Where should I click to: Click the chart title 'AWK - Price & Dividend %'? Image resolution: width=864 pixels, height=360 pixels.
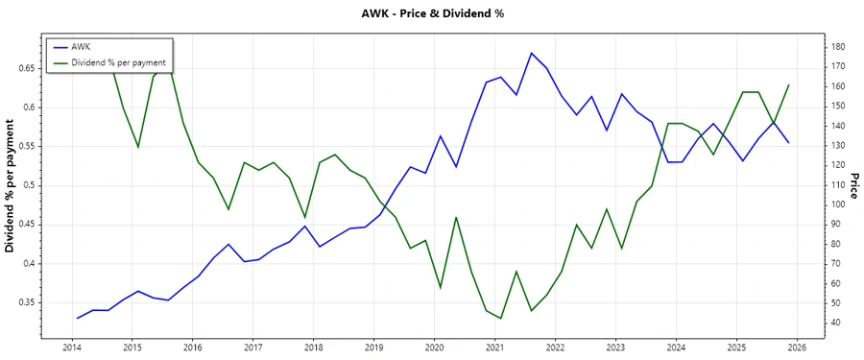pyautogui.click(x=431, y=13)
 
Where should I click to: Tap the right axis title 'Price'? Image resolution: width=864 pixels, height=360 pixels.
pyautogui.click(x=852, y=186)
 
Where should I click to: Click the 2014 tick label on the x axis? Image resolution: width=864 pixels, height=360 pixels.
pyautogui.click(x=71, y=348)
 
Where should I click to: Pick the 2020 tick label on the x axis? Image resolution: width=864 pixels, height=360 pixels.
pyautogui.click(x=434, y=348)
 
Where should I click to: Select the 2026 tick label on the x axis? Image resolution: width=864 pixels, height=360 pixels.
pyautogui.click(x=797, y=348)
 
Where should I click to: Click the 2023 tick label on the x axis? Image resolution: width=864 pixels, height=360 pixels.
pyautogui.click(x=615, y=348)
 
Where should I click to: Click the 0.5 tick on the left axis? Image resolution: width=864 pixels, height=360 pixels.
pyautogui.click(x=27, y=185)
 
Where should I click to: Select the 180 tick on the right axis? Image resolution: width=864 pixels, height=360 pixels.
pyautogui.click(x=838, y=47)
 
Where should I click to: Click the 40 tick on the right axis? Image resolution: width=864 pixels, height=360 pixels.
pyautogui.click(x=835, y=323)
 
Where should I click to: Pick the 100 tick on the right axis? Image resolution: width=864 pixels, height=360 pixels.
pyautogui.click(x=838, y=204)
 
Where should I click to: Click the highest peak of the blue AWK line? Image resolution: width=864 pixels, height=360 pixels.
pyautogui.click(x=531, y=53)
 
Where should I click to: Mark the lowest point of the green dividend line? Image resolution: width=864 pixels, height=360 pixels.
pyautogui.click(x=501, y=319)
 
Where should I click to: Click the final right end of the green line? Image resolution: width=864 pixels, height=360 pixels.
pyautogui.click(x=789, y=84)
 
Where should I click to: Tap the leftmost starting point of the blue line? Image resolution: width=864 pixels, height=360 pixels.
pyautogui.click(x=78, y=318)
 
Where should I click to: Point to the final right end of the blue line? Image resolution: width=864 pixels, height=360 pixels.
pyautogui.click(x=789, y=143)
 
